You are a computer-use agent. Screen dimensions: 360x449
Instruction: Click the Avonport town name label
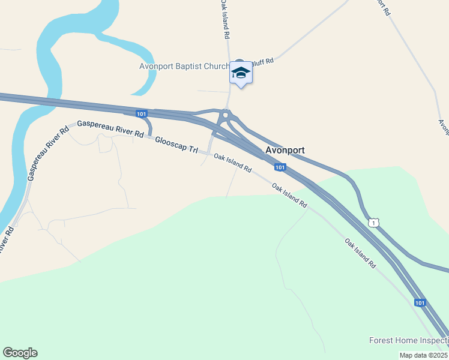click(x=285, y=150)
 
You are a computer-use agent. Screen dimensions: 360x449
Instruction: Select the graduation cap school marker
click(x=241, y=73)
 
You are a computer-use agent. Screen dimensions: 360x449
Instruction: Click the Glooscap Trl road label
click(x=176, y=145)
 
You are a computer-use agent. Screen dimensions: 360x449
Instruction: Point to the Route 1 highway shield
click(x=374, y=223)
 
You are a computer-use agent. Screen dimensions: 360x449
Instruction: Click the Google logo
click(x=20, y=353)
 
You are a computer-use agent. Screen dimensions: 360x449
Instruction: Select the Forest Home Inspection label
click(x=408, y=341)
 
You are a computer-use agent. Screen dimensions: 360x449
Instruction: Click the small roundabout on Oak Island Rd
click(x=226, y=115)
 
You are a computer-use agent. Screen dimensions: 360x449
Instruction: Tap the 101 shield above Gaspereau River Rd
click(x=141, y=113)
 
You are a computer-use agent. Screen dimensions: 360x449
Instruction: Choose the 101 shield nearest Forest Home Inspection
click(x=420, y=303)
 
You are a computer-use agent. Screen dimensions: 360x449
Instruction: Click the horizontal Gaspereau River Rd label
click(x=110, y=128)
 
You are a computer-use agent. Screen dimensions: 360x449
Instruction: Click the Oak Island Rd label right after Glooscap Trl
click(x=232, y=163)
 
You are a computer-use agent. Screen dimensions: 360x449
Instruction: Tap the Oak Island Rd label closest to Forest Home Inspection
click(x=360, y=253)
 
